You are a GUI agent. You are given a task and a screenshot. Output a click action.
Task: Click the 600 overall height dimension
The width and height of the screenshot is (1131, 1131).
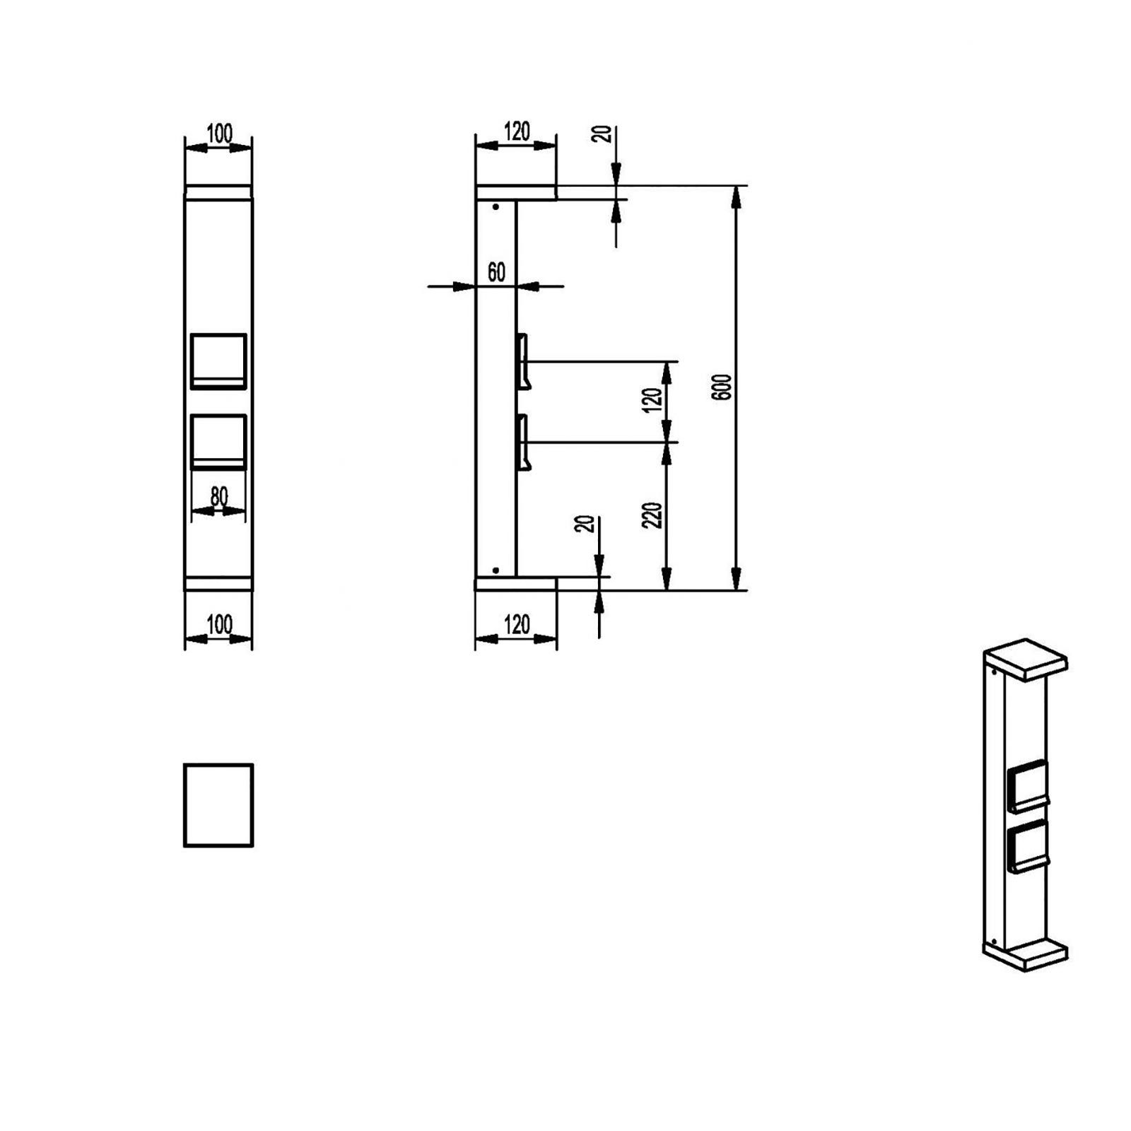723,387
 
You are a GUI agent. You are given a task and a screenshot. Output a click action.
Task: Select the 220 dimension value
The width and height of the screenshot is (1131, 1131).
654,515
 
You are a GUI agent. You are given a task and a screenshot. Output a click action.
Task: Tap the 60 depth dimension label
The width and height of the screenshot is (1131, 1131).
496,272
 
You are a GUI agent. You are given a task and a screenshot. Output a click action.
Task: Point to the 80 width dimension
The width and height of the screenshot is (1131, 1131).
219,497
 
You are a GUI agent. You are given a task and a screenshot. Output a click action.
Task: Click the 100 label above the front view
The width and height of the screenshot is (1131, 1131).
219,134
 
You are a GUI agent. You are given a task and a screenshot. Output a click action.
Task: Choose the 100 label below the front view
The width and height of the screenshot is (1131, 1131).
219,625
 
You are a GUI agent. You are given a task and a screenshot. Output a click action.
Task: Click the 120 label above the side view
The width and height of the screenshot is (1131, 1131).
517,131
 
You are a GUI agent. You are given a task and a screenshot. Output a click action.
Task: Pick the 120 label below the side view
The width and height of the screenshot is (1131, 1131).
517,625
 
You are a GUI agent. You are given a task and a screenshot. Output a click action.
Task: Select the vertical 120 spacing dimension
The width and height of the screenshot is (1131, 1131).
654,400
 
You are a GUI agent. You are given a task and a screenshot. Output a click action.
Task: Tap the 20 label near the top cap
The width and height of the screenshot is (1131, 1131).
604,134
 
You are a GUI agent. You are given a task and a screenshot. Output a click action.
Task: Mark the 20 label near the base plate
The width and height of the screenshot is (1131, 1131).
586,524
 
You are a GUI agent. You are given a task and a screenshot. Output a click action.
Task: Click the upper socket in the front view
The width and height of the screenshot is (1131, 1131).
218,361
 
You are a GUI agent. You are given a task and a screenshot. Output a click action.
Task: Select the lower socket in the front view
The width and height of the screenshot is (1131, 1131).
218,442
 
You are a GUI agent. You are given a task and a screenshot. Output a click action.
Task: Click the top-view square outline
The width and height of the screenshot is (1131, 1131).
218,804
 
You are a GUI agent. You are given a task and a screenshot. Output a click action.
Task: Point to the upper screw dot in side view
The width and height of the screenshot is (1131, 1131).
496,207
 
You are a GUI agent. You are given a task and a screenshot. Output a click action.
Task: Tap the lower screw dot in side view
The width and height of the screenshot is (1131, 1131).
496,570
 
